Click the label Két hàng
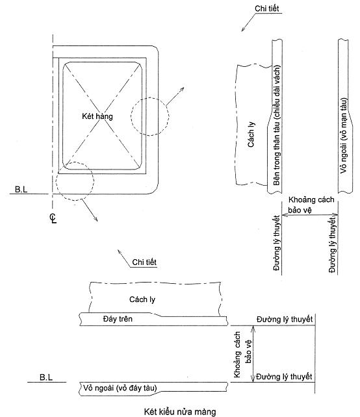click(x=97, y=116)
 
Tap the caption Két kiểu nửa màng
click(x=180, y=411)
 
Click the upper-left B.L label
click(x=21, y=190)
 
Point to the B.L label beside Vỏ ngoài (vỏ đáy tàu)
click(x=46, y=377)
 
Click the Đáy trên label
click(x=118, y=319)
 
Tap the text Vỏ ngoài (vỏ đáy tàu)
click(x=120, y=388)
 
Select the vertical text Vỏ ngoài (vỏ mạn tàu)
click(x=344, y=136)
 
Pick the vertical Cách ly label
click(x=251, y=134)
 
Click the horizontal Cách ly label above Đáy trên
click(x=142, y=299)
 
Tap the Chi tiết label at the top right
click(x=267, y=8)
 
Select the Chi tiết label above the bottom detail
click(x=144, y=262)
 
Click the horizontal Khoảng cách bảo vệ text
click(x=311, y=205)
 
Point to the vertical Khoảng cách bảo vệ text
click(x=242, y=354)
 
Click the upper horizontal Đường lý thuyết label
click(x=285, y=319)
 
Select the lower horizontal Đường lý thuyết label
click(x=284, y=377)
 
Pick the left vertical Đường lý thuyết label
click(x=277, y=244)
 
